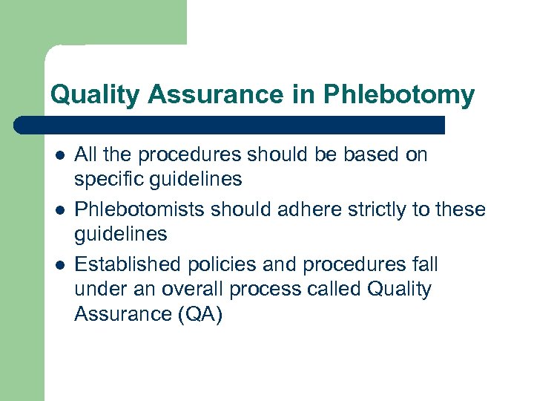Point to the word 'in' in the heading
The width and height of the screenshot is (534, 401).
point(306,95)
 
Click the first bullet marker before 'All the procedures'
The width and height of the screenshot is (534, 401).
point(59,156)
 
